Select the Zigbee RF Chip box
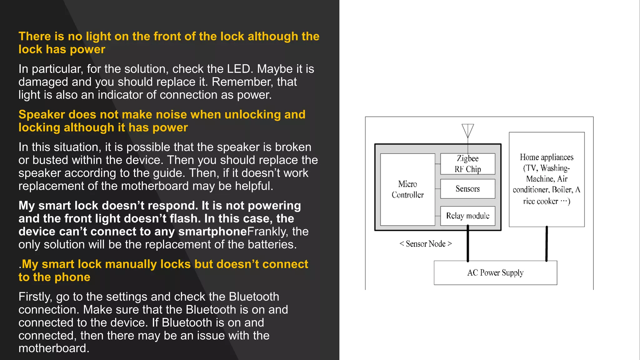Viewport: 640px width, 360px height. [467, 164]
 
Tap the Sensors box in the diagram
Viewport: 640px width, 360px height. [467, 189]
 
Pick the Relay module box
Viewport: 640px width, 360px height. [467, 216]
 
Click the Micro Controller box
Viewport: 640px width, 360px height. [407, 189]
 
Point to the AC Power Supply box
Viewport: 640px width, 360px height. [495, 273]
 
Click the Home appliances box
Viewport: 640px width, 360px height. [547, 179]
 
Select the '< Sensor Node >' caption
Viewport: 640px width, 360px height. [426, 244]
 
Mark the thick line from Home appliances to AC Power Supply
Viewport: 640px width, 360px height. [547, 244]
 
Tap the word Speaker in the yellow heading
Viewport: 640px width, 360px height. [42, 115]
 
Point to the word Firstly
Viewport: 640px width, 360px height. [35, 297]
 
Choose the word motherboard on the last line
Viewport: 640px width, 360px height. [54, 348]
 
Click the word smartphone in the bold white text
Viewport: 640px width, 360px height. [212, 232]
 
